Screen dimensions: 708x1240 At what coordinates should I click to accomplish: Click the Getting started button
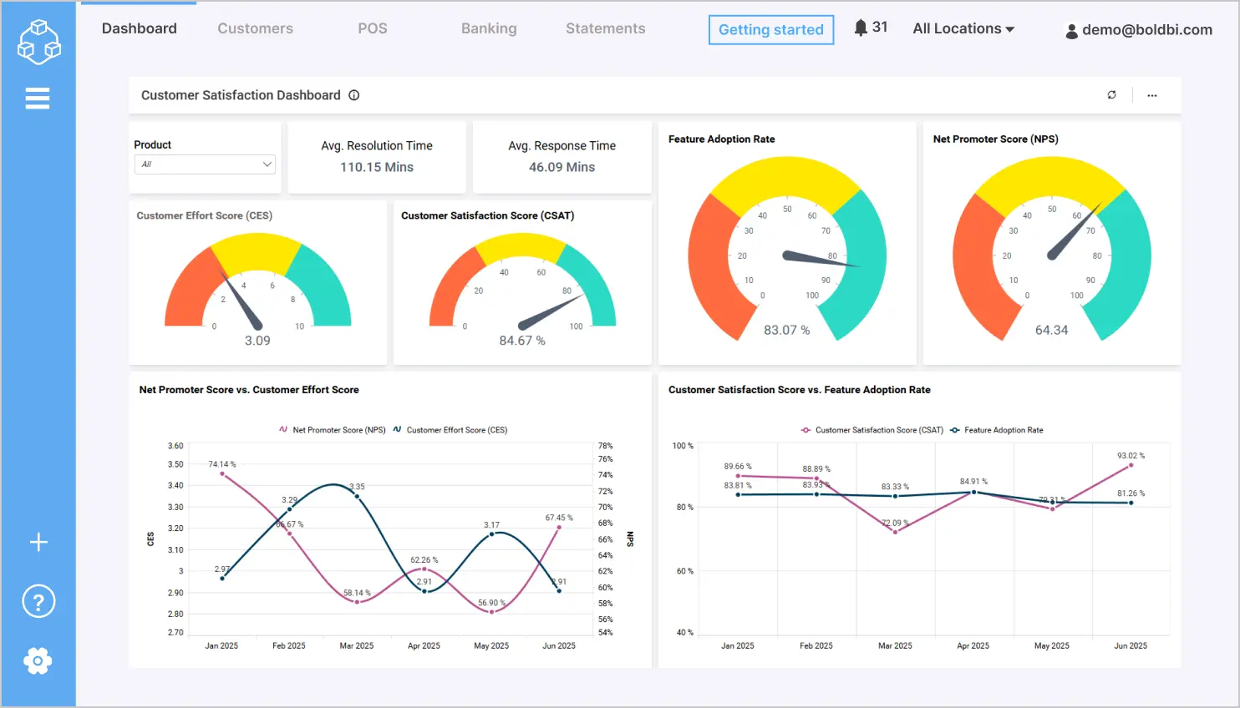[x=770, y=30]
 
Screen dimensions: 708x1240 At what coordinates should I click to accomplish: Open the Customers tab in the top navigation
[x=255, y=28]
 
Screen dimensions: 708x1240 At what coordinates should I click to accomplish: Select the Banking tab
[x=489, y=28]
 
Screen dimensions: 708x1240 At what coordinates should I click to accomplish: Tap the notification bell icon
[x=861, y=28]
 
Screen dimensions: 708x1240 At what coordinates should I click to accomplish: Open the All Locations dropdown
[x=963, y=28]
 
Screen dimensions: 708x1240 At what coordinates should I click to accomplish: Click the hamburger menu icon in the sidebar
[x=38, y=99]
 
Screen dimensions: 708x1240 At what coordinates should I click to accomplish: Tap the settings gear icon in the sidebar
[x=38, y=661]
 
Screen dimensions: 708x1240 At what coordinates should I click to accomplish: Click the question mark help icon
[x=38, y=601]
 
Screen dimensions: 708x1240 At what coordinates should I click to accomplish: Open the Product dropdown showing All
[x=205, y=164]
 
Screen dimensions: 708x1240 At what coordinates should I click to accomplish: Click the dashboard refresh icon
[x=1111, y=95]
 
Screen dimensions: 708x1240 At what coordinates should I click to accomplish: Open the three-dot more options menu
[x=1152, y=95]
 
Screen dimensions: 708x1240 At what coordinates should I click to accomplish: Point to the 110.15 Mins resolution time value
[x=377, y=167]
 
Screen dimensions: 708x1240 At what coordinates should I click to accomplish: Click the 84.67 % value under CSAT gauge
[x=522, y=341]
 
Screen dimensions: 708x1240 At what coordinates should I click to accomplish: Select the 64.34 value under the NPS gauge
[x=1051, y=330]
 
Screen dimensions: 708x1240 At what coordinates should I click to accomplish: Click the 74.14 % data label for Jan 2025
[x=222, y=464]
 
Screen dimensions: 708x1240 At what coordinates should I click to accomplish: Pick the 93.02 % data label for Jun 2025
[x=1131, y=456]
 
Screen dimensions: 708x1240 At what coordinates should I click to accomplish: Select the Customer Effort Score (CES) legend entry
[x=456, y=430]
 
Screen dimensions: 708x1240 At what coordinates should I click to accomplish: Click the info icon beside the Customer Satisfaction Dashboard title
[x=354, y=95]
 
